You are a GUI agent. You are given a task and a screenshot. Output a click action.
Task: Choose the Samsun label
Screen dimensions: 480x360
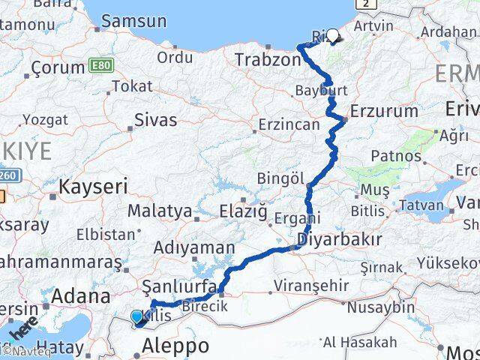(x=133, y=21)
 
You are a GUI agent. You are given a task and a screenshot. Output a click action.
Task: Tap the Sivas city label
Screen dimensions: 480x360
(x=155, y=119)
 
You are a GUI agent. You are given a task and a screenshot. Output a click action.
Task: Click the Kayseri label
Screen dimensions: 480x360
(x=94, y=186)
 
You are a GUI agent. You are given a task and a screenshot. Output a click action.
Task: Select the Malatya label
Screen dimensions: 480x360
(x=159, y=211)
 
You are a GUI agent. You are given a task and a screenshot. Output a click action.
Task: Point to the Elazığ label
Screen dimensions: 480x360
(x=244, y=211)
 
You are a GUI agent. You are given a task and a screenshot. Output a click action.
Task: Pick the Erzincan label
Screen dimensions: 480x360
(x=288, y=124)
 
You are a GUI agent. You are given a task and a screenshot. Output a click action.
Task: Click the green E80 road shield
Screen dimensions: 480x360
(x=102, y=66)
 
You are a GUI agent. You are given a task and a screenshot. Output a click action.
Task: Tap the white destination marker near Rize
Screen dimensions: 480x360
(x=332, y=34)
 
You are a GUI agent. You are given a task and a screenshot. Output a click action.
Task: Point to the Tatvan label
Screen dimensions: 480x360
(x=424, y=204)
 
